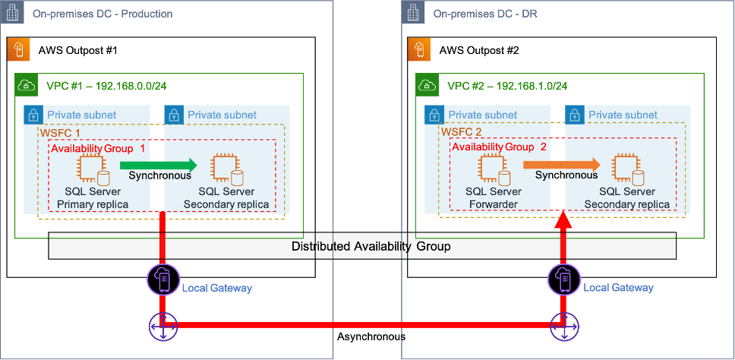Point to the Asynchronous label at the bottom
371,336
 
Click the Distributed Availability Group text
371,246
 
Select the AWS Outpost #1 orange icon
17,51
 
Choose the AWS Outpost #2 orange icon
418,51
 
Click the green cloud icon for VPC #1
26,85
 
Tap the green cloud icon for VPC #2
427,85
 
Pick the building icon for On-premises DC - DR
414,13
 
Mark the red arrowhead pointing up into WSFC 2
563,221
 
